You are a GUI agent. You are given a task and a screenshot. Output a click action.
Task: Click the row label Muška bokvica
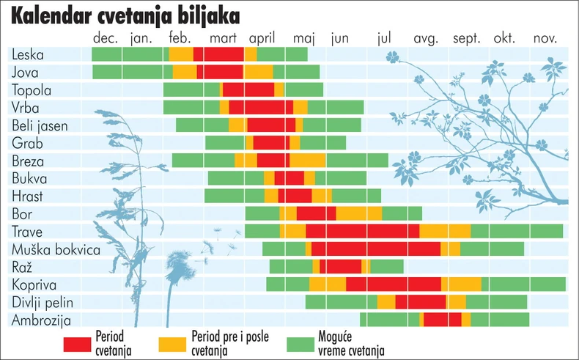point(56,249)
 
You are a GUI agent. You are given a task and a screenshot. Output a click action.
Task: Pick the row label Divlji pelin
point(43,301)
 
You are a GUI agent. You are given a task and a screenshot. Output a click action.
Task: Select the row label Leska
point(27,54)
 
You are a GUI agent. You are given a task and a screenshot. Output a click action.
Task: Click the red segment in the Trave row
point(362,231)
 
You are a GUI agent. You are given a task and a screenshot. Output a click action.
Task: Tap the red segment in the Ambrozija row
point(442,319)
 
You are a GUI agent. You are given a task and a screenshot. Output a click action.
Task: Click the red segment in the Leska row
point(219,54)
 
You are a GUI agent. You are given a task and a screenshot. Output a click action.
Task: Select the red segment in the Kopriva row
point(393,284)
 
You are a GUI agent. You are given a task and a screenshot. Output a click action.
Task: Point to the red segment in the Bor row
point(316,213)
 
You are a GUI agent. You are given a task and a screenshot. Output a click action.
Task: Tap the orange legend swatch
point(172,342)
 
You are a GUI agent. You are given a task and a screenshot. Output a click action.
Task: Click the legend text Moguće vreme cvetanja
point(352,343)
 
